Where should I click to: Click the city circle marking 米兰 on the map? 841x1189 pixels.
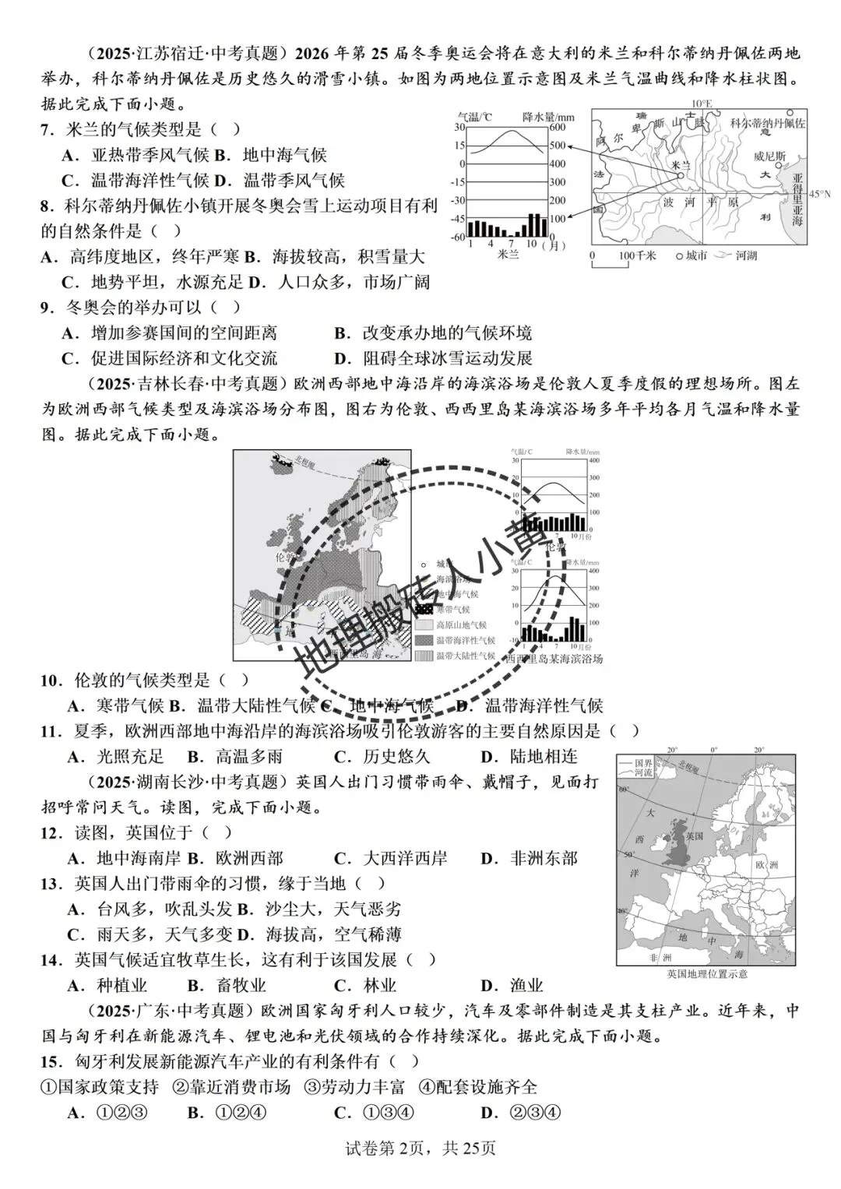tap(680, 176)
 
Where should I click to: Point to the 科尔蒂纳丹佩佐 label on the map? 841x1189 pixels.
tap(767, 123)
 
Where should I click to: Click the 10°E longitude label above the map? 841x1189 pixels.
tap(702, 104)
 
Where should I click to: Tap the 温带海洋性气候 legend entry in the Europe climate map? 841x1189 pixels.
tap(466, 640)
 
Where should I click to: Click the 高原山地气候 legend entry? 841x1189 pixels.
tap(461, 624)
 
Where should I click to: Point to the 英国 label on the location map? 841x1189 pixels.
tap(695, 835)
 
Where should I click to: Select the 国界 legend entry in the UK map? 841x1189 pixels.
tap(643, 763)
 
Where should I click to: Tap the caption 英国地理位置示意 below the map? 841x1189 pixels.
tap(706, 973)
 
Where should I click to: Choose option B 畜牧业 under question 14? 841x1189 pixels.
tap(229, 986)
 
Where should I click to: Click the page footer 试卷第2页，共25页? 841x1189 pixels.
tap(420, 1148)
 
